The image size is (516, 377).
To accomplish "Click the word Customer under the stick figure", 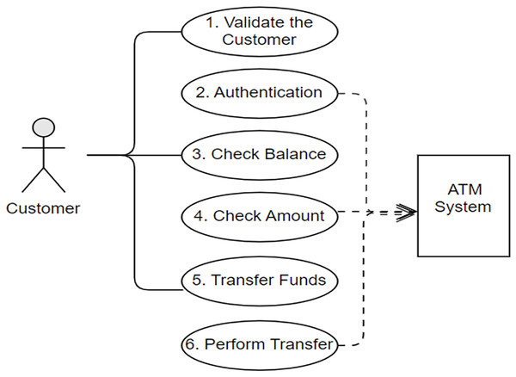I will click(43, 207).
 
